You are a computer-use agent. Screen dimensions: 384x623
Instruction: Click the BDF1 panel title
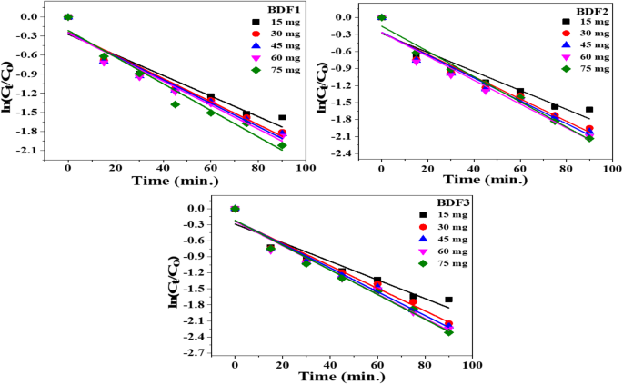(x=265, y=7)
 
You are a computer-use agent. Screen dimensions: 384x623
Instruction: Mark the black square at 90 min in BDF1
(x=282, y=117)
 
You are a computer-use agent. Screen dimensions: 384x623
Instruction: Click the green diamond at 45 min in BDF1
(x=175, y=104)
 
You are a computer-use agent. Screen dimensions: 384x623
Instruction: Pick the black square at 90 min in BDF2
(x=589, y=109)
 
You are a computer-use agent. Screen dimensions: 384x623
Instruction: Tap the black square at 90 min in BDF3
(x=448, y=300)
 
